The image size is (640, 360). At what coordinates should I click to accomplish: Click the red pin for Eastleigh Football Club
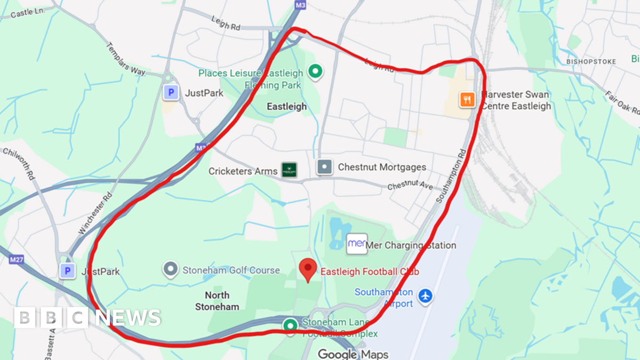(308, 269)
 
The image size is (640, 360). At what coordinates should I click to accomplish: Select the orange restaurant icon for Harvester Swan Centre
(467, 99)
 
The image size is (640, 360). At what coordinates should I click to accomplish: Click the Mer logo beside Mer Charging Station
(357, 244)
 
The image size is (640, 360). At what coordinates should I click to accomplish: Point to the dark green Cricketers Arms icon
(289, 170)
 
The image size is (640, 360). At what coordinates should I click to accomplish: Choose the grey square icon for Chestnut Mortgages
(324, 167)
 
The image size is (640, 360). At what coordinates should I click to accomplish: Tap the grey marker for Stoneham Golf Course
(171, 269)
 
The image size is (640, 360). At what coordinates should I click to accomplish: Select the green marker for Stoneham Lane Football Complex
(291, 324)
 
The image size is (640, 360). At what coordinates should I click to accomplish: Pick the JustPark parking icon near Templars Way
(171, 93)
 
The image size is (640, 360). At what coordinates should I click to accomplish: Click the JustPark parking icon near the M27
(67, 271)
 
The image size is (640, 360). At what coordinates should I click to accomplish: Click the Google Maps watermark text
(353, 354)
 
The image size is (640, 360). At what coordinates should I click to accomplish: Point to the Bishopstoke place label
(591, 62)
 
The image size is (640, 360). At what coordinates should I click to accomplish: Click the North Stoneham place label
(217, 301)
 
